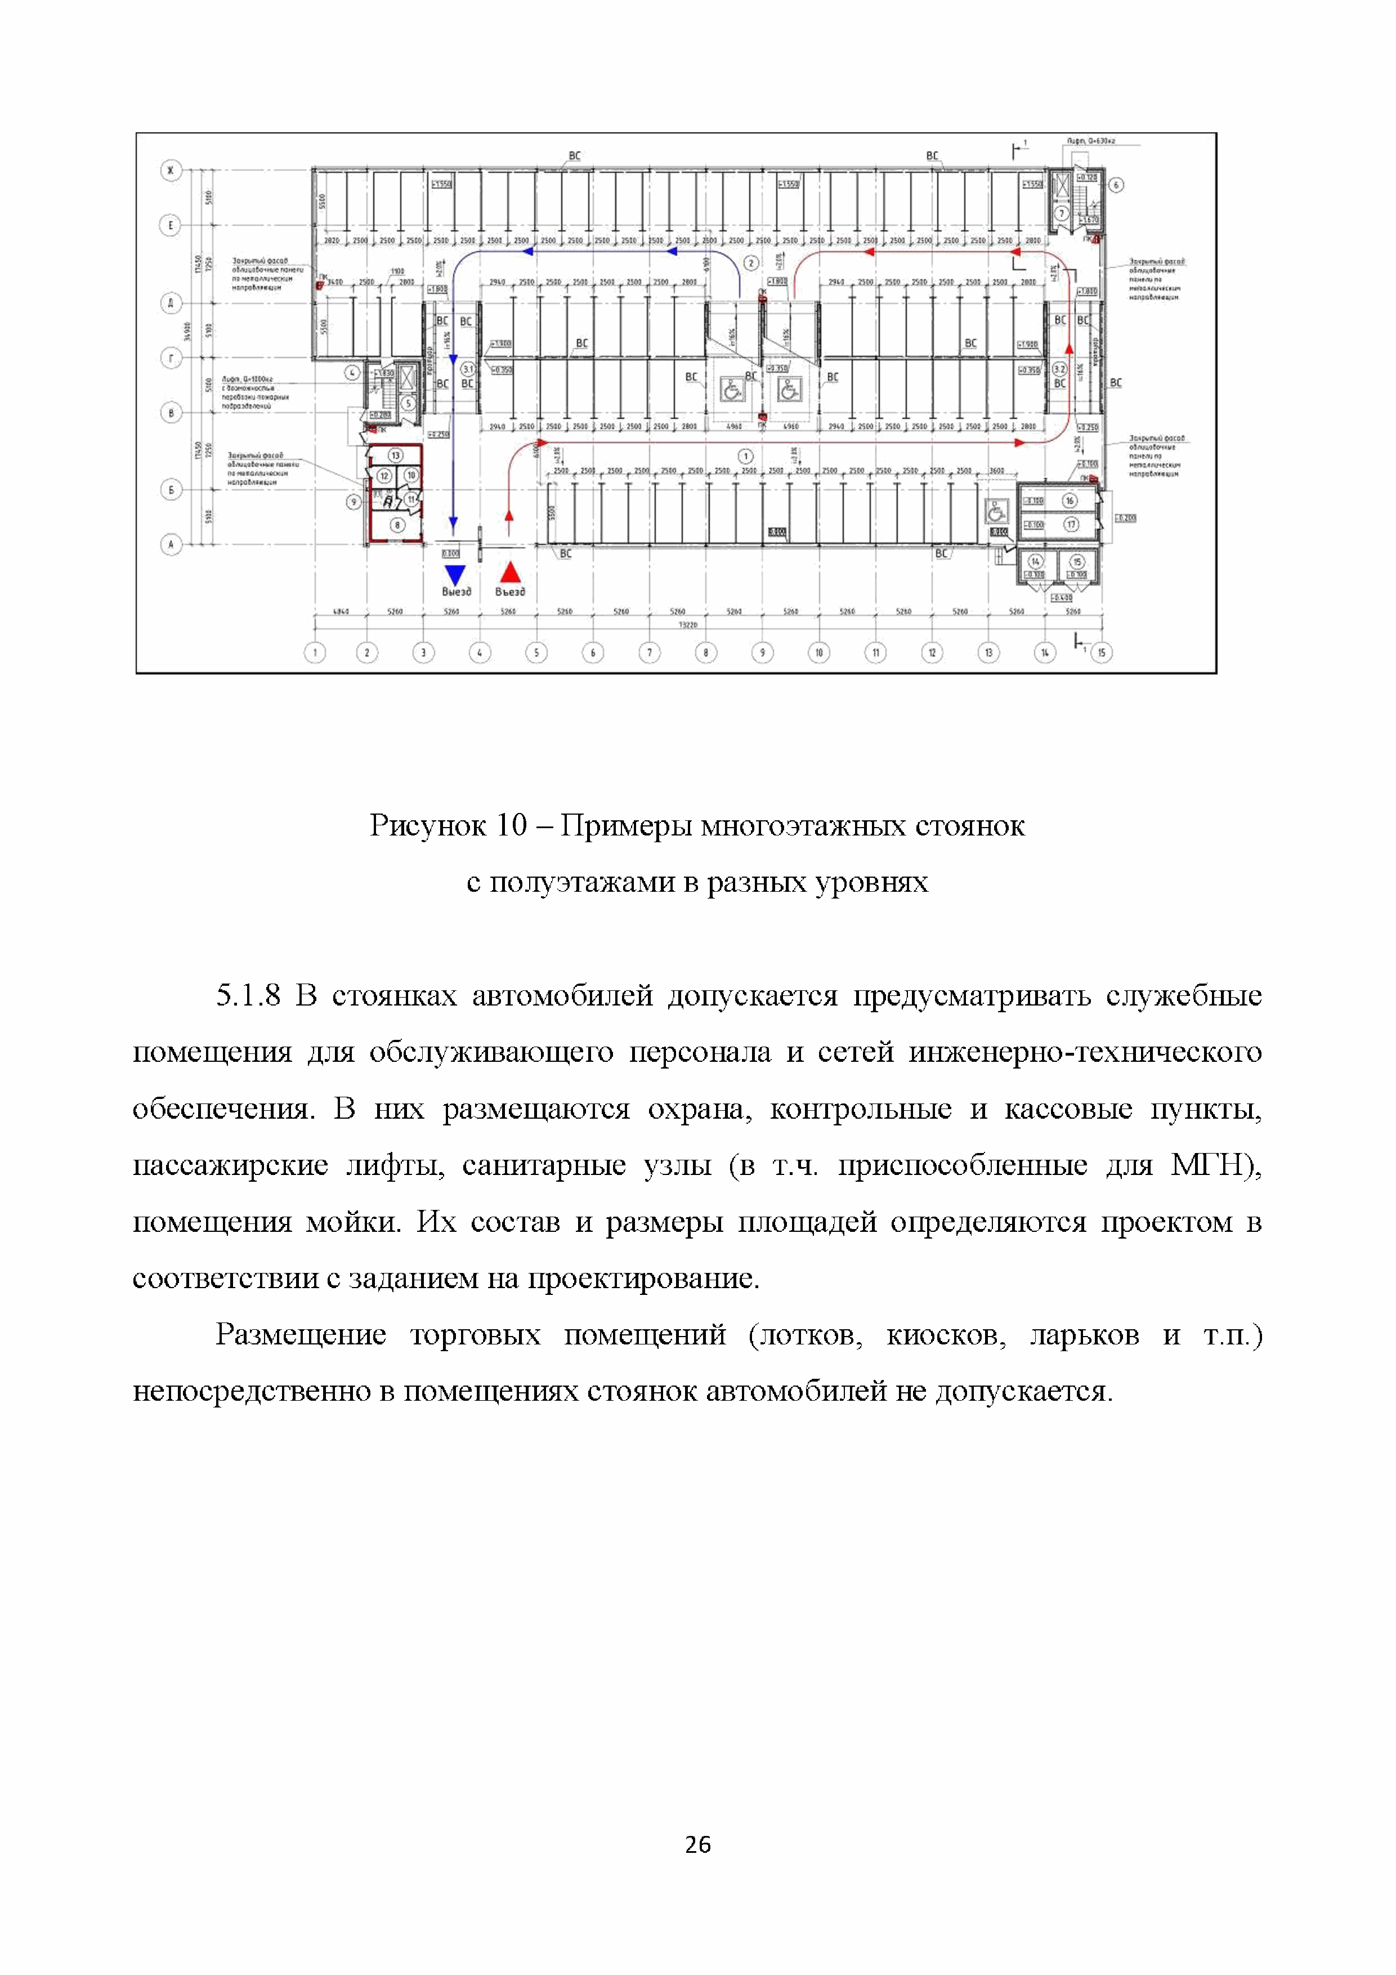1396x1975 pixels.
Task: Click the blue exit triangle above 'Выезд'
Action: point(454,574)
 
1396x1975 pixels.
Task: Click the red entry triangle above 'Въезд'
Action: point(510,572)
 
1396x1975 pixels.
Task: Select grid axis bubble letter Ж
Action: point(171,171)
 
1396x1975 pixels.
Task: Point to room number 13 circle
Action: point(396,455)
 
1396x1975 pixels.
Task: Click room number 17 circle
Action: point(1071,524)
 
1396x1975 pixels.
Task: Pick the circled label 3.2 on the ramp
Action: point(1060,369)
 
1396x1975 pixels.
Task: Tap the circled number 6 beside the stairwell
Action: point(1116,185)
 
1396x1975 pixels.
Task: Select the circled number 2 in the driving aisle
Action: point(751,263)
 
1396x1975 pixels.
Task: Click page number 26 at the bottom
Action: point(697,1843)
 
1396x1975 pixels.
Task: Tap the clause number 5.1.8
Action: point(248,996)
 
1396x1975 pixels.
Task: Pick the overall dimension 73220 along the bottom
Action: point(687,624)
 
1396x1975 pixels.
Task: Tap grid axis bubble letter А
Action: point(171,544)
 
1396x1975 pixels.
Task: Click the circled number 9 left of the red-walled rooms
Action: point(352,502)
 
